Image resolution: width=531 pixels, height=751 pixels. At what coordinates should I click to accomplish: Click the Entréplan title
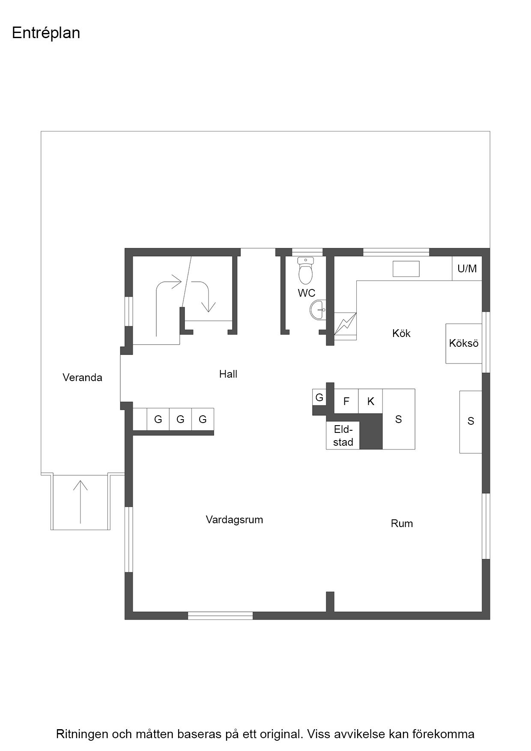click(46, 33)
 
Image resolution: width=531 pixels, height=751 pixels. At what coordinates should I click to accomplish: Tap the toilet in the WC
click(305, 270)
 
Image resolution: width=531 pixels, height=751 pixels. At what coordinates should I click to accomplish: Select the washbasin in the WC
click(318, 310)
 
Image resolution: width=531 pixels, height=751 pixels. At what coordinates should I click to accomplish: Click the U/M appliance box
click(467, 268)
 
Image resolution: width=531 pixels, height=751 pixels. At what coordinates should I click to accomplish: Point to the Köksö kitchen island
click(464, 343)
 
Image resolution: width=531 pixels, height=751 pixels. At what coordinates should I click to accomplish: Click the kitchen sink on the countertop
click(406, 269)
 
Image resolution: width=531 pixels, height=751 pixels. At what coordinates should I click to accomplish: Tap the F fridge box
click(346, 401)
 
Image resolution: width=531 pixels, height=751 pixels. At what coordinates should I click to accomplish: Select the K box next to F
click(370, 401)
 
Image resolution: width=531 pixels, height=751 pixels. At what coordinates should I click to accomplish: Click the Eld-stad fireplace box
click(343, 436)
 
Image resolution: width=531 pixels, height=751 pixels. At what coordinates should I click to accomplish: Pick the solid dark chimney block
click(371, 432)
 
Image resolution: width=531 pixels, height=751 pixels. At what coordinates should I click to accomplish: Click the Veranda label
click(82, 378)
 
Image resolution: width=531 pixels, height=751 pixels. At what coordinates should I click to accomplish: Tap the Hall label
click(228, 374)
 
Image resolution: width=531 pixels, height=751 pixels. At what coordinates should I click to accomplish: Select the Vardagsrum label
click(234, 520)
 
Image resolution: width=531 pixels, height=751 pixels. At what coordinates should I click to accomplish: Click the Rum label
click(402, 524)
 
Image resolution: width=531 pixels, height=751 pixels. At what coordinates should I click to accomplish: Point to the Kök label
click(401, 333)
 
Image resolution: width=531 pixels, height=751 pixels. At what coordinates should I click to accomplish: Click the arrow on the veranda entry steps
click(80, 502)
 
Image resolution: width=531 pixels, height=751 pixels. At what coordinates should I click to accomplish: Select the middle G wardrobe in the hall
click(180, 419)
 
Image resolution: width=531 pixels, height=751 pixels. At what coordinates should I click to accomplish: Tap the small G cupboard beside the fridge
click(319, 398)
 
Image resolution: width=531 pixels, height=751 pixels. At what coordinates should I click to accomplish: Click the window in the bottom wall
click(220, 616)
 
